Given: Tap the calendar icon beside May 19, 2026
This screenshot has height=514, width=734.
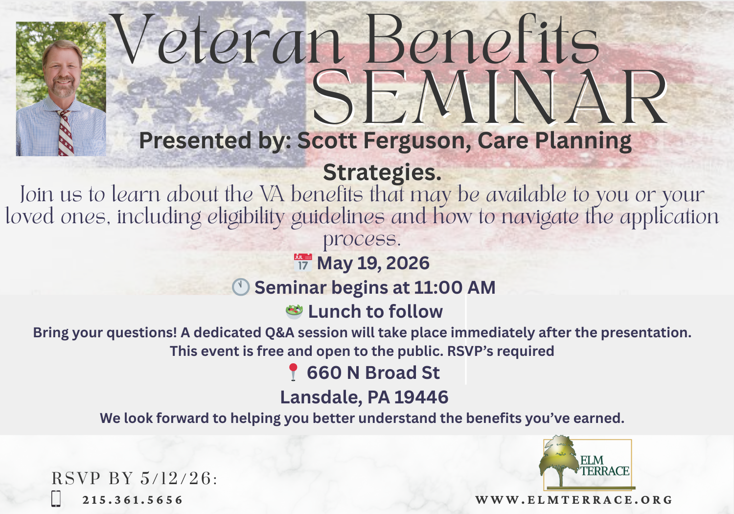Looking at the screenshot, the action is (x=303, y=262).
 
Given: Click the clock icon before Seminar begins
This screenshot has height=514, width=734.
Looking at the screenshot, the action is (x=241, y=287).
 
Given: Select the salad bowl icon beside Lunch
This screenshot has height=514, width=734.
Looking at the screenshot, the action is (x=294, y=312).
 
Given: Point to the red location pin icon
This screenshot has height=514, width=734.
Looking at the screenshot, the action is (x=293, y=372).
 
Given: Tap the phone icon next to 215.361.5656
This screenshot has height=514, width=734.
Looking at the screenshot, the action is (x=56, y=499).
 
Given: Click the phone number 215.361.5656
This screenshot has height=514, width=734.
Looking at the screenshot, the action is (x=133, y=500).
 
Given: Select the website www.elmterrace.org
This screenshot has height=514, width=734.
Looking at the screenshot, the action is (x=574, y=500).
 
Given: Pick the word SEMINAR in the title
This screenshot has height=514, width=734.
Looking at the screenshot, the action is (x=490, y=98).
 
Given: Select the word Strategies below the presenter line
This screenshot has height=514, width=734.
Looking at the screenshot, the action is (x=382, y=173).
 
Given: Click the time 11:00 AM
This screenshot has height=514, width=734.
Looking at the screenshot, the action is (x=455, y=287).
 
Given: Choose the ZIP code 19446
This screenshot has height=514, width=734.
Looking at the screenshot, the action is (x=421, y=397).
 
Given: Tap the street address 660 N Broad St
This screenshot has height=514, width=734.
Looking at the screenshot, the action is (x=373, y=373).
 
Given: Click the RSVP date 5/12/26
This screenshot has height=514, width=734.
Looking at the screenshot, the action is (x=176, y=478).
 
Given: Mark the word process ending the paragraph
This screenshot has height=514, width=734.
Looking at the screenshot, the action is (x=362, y=239).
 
